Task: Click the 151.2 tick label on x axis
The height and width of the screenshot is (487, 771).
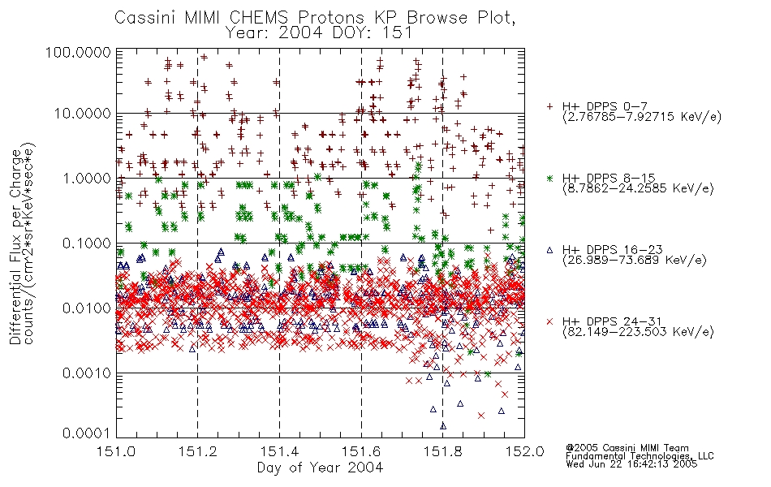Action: (198, 451)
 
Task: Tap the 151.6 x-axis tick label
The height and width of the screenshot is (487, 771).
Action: (361, 451)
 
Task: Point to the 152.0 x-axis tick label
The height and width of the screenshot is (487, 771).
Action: (524, 451)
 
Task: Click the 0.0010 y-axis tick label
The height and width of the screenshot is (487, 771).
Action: (87, 373)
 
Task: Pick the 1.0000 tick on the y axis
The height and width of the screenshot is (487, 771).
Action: (87, 178)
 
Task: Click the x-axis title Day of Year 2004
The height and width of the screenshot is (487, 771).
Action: (320, 468)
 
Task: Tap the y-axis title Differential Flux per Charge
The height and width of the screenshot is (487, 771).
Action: (15, 247)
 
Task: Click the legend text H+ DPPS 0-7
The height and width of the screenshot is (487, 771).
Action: (605, 107)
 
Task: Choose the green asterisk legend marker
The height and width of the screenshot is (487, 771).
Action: (549, 179)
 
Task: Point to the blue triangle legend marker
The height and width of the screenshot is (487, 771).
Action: (549, 250)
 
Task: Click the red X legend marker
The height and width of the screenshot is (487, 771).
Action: (549, 321)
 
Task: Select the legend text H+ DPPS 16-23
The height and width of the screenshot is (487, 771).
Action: (613, 250)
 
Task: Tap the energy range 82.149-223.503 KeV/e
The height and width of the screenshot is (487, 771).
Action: (638, 332)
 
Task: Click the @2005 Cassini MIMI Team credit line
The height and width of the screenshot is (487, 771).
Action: (627, 448)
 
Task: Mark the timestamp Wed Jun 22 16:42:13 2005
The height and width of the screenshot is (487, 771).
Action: (631, 464)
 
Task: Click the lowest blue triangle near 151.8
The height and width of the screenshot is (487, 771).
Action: (443, 426)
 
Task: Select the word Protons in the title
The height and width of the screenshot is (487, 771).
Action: (331, 18)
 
